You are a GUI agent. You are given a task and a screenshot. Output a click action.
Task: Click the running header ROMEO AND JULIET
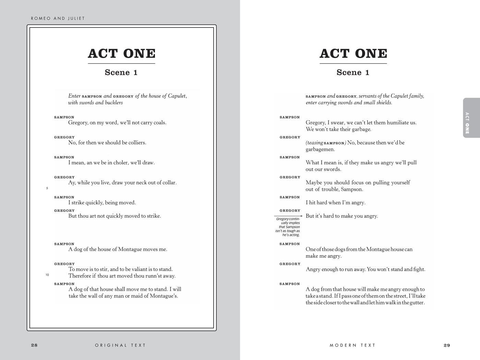[58, 19]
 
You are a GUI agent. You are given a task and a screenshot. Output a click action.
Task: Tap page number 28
[34, 345]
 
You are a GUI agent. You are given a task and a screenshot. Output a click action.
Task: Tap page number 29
[447, 345]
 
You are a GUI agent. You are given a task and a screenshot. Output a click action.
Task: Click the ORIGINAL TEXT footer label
[120, 345]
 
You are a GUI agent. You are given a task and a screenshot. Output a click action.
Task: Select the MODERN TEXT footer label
[352, 345]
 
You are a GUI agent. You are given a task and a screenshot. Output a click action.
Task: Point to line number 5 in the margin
[47, 188]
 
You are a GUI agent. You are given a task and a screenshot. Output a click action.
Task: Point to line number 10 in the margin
[47, 275]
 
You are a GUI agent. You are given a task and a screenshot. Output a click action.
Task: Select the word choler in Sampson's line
[121, 163]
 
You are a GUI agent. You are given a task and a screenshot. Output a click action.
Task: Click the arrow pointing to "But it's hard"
[288, 216]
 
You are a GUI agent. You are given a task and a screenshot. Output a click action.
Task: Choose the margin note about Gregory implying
[288, 227]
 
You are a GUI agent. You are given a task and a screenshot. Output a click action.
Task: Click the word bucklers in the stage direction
[114, 103]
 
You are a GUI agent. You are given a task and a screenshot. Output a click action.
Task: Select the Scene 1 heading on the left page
[121, 72]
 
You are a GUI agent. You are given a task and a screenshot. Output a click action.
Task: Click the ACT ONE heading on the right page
[353, 53]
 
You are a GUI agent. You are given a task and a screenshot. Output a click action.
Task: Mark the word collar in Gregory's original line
[169, 183]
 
